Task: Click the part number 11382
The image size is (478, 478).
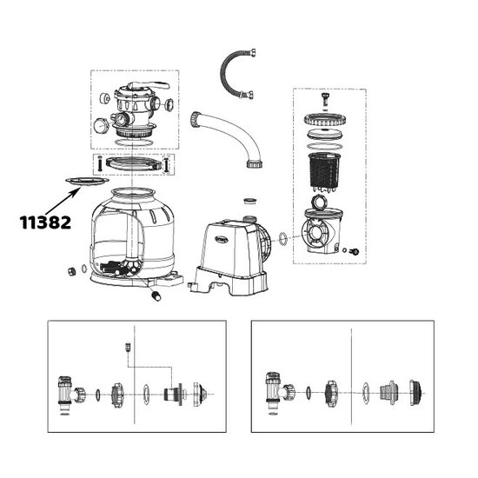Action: pyautogui.click(x=45, y=221)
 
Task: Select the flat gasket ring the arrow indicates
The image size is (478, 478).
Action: pyautogui.click(x=85, y=181)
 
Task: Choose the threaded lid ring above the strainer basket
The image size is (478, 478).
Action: pyautogui.click(x=322, y=121)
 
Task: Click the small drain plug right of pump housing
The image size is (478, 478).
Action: pyautogui.click(x=354, y=251)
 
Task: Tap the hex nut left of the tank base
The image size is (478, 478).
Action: pyautogui.click(x=68, y=270)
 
